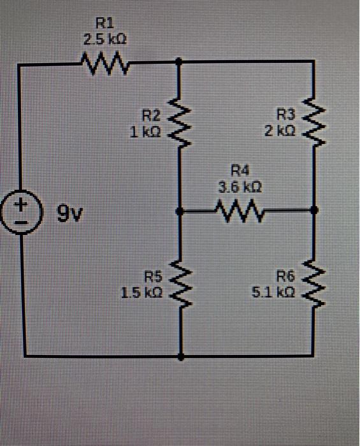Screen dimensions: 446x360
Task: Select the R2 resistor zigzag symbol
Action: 180,120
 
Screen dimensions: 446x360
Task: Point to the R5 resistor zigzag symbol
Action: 181,284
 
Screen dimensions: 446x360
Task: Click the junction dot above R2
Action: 180,62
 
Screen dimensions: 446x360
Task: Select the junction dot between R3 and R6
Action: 312,209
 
